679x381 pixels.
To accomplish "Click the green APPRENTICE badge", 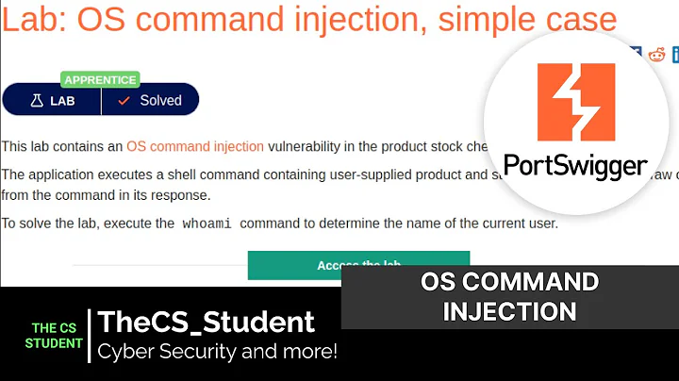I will (x=100, y=79).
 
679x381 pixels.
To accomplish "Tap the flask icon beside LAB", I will (x=37, y=100).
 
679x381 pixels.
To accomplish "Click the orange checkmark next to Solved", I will (x=123, y=100).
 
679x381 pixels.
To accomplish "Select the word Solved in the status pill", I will (x=160, y=100).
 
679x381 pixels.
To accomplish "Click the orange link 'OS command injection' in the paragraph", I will (x=195, y=146).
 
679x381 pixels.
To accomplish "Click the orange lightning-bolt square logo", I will (x=575, y=103).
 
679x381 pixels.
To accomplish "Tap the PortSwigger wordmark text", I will (x=575, y=166).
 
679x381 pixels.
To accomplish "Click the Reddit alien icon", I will (x=656, y=54).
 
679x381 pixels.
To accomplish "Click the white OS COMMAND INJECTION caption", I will (x=509, y=295).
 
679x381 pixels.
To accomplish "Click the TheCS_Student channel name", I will (x=207, y=322).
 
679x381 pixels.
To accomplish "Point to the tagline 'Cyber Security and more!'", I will (x=217, y=352).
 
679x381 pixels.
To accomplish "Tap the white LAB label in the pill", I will (x=62, y=100).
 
